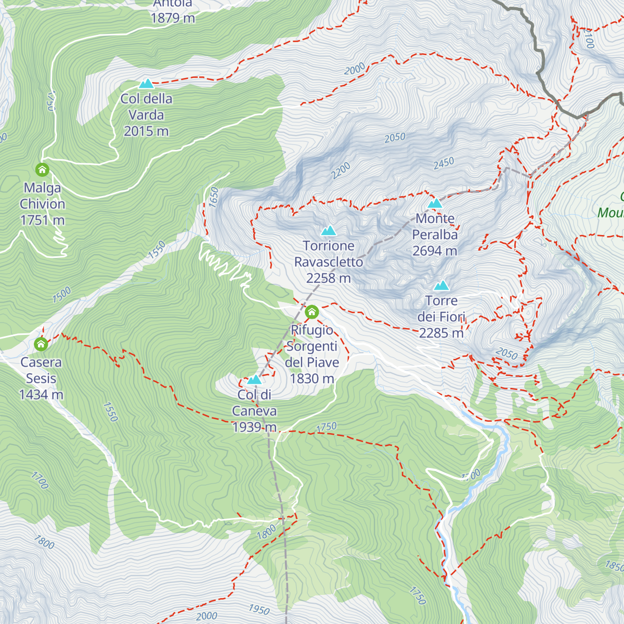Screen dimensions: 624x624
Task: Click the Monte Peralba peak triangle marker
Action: click(x=435, y=203)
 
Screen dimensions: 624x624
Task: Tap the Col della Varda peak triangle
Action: click(x=146, y=84)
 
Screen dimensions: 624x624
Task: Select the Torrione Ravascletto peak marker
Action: click(x=328, y=230)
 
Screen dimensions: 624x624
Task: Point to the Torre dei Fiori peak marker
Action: click(x=441, y=285)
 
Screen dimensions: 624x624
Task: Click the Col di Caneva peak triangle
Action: click(x=254, y=380)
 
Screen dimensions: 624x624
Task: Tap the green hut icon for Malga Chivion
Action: click(x=42, y=170)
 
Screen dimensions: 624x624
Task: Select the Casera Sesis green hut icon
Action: click(x=41, y=344)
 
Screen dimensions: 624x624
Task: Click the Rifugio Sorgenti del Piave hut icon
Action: click(x=311, y=311)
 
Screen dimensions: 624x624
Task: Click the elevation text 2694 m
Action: click(x=435, y=251)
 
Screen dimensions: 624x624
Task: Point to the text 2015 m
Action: click(x=146, y=131)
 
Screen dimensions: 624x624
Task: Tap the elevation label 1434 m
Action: click(x=41, y=395)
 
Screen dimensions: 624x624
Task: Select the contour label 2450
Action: click(x=444, y=163)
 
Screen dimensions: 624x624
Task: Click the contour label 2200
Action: click(x=341, y=171)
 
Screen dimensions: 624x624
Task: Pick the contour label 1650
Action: click(x=214, y=198)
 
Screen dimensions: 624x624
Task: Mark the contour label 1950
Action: click(x=259, y=609)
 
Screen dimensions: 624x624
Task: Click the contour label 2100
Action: click(x=589, y=38)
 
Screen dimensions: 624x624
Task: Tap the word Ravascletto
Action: click(x=329, y=262)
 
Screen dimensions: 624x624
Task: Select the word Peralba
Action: click(x=435, y=235)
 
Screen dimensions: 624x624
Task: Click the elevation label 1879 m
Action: click(x=173, y=18)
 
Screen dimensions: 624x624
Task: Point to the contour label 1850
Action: click(x=614, y=565)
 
